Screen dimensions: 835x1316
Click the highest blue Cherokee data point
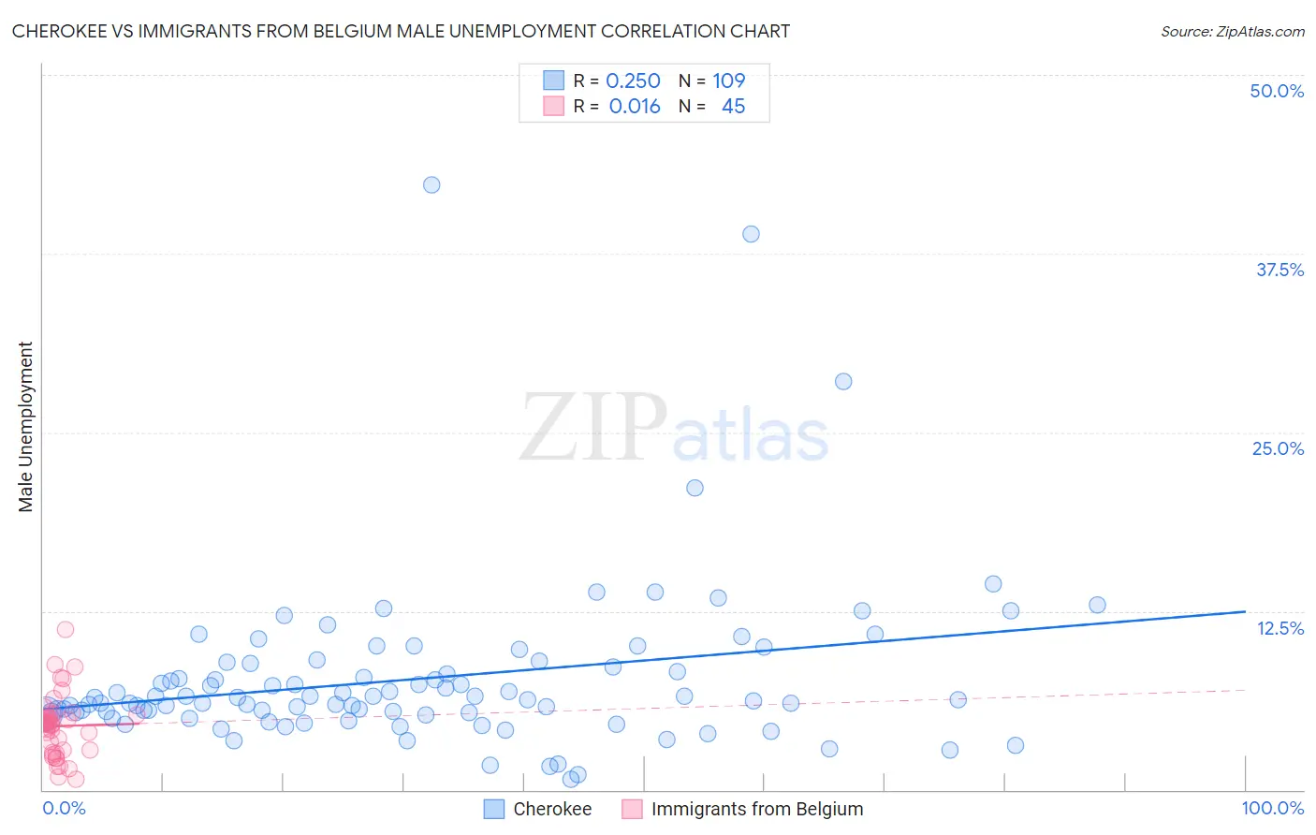point(431,184)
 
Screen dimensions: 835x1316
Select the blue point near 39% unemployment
point(751,234)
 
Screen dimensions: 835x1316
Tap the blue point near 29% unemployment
point(843,381)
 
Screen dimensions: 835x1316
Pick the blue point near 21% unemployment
point(695,488)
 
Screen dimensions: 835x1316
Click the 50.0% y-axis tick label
point(1277,91)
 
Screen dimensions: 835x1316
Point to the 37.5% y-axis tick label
point(1279,270)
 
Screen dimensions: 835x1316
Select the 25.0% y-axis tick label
point(1278,448)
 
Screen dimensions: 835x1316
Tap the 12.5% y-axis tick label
point(1279,628)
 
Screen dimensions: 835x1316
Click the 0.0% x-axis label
point(64,808)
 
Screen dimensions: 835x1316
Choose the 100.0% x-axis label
point(1272,808)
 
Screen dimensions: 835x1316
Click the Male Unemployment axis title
point(25,427)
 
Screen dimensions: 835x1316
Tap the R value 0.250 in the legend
point(633,81)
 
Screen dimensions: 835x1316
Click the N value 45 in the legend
point(733,107)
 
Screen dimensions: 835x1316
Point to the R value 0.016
point(635,107)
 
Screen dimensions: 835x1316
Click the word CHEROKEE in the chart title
point(58,31)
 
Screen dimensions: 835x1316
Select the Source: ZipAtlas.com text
point(1232,31)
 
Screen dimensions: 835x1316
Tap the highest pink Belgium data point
point(65,629)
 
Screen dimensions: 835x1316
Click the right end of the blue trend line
point(1245,611)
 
